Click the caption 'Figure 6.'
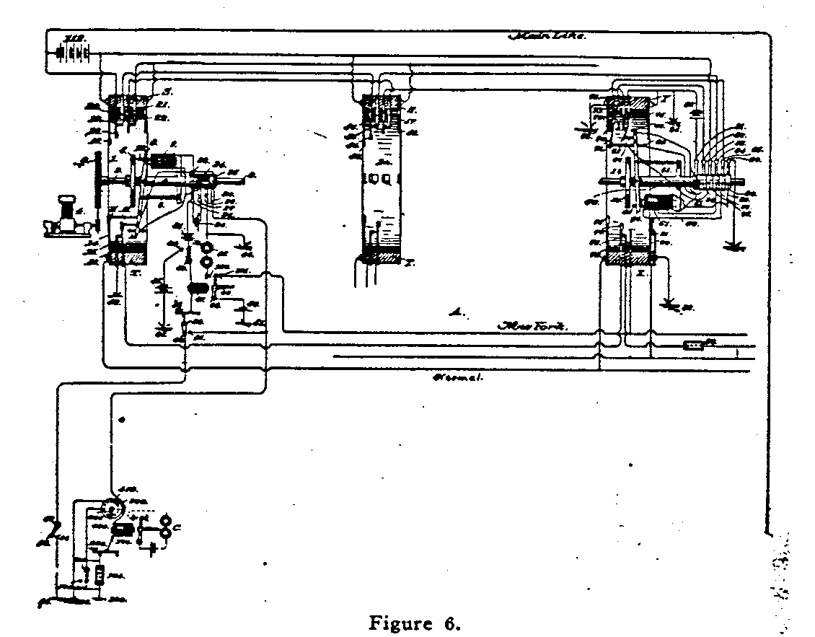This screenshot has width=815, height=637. point(413,623)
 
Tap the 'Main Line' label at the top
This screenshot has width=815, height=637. point(547,35)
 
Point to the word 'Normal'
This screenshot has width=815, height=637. point(456,377)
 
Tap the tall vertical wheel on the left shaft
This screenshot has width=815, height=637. point(94,185)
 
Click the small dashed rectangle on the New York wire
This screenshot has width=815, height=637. point(695,345)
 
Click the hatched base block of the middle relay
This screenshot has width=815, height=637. point(379,257)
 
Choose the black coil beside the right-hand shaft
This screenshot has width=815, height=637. point(657,203)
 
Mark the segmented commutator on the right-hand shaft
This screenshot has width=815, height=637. point(718,178)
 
